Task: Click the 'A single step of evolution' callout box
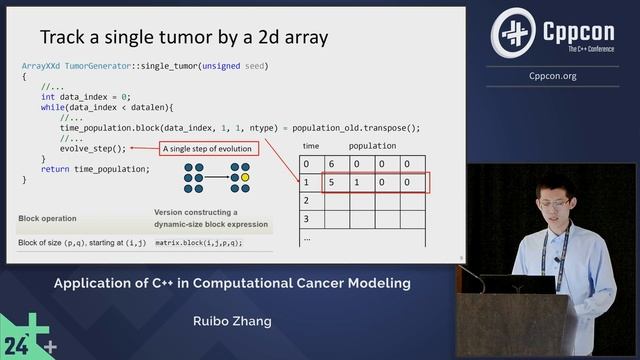tap(207, 149)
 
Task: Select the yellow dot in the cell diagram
tap(244, 176)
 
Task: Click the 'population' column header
tap(370, 145)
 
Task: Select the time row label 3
tap(308, 218)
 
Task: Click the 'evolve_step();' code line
tap(93, 149)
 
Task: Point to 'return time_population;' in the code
tap(95, 169)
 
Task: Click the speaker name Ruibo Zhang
tap(232, 323)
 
